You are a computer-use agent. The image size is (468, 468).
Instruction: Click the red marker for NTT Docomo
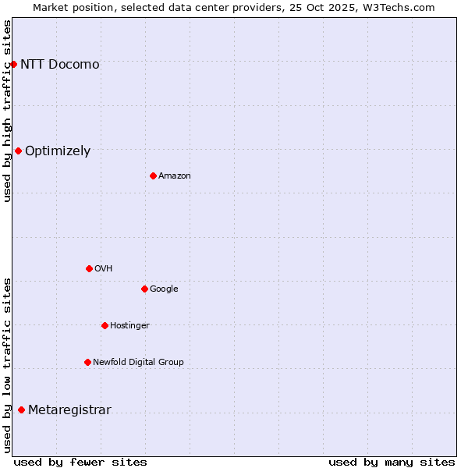click(13, 64)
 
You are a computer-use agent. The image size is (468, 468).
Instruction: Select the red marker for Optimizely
click(18, 151)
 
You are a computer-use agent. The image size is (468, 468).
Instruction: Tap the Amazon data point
click(153, 175)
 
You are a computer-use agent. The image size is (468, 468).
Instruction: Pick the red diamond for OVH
click(89, 268)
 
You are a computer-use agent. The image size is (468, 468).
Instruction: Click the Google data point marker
click(144, 289)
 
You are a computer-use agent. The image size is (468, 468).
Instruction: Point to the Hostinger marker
click(105, 325)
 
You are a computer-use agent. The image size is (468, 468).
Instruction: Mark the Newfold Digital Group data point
click(87, 362)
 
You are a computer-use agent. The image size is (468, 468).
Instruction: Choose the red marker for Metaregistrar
click(21, 409)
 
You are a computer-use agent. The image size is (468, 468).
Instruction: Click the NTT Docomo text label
click(60, 64)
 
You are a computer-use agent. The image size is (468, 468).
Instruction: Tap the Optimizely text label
click(58, 151)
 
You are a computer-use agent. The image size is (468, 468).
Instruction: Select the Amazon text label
click(175, 176)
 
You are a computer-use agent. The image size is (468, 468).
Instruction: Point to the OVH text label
click(104, 269)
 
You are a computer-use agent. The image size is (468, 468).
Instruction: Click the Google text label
click(164, 289)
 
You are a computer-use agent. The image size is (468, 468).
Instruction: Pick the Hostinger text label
click(129, 326)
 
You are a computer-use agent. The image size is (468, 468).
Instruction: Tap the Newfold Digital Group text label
click(138, 363)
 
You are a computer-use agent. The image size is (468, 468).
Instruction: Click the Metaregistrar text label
click(69, 410)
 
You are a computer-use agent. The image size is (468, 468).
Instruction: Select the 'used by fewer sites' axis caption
click(80, 462)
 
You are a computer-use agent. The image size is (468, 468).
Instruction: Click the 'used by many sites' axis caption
click(392, 462)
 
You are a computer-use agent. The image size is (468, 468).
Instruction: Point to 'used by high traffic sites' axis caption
click(8, 111)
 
